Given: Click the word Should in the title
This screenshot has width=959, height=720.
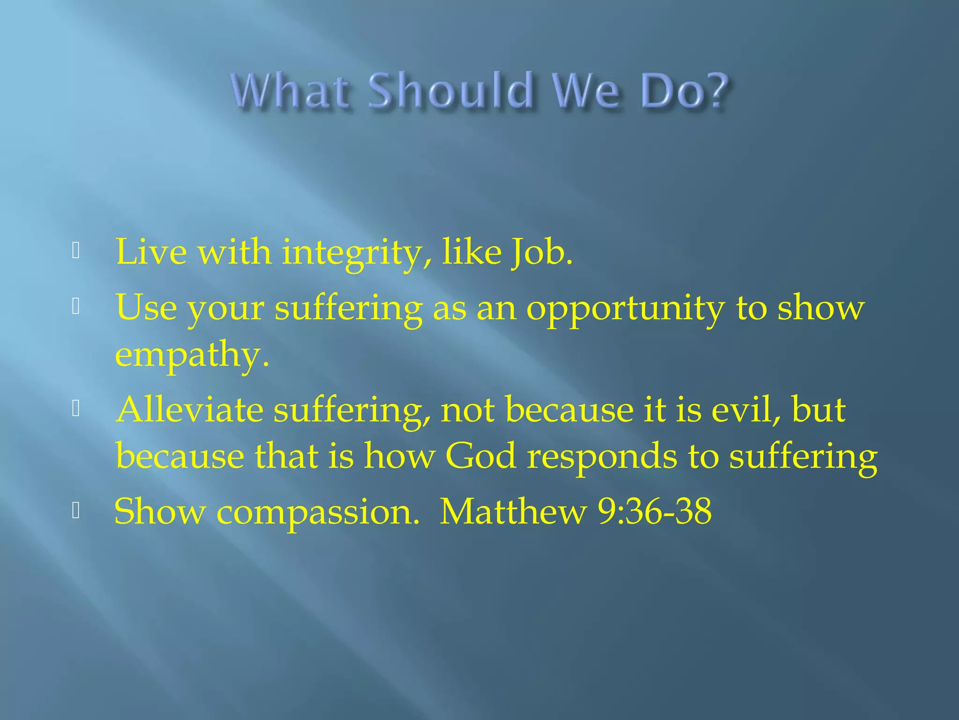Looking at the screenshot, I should [x=450, y=90].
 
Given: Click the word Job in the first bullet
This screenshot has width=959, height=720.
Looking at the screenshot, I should [x=541, y=253].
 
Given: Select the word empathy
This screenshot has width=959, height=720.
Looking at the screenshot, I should [x=192, y=355].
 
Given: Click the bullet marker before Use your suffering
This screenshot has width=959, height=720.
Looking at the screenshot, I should [x=76, y=307].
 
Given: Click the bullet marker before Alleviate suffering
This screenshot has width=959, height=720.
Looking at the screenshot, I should [x=76, y=409].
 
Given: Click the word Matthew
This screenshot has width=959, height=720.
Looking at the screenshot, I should [x=513, y=511].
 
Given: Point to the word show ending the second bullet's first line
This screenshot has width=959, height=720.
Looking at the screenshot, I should [x=820, y=308].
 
